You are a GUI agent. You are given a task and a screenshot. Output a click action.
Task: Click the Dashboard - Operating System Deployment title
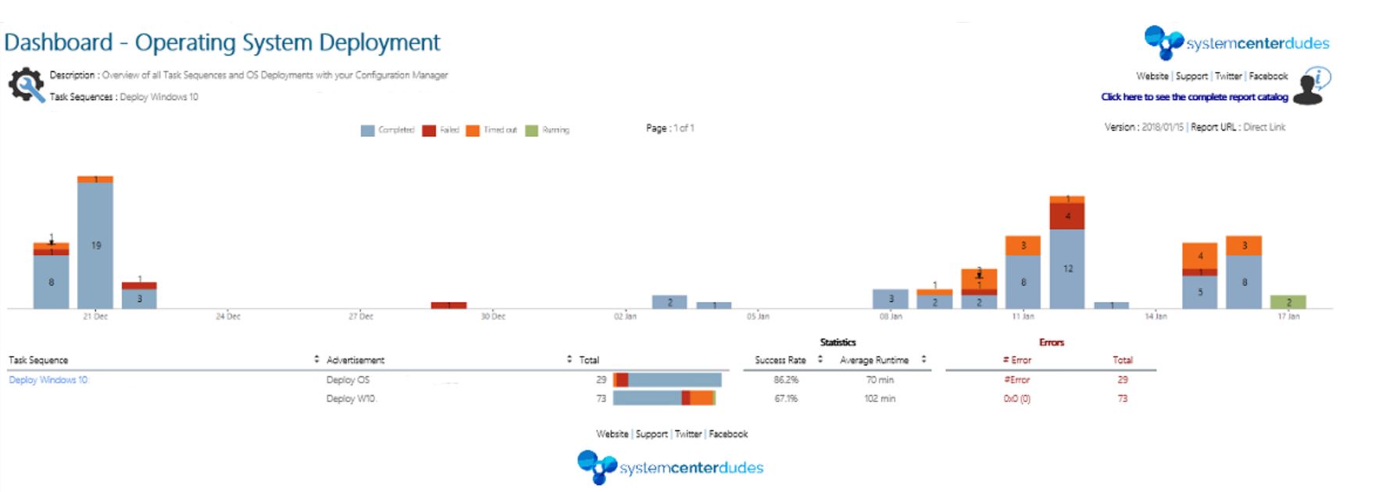222,42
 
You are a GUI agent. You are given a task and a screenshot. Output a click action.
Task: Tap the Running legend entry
548,130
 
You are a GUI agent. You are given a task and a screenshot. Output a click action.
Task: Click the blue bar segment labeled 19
95,245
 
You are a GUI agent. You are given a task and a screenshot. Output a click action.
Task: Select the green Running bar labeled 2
1288,302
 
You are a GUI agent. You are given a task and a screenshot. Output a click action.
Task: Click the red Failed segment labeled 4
1067,216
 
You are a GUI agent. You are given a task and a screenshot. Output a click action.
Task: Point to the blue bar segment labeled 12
1067,268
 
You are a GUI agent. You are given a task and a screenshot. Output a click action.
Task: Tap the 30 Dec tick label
493,317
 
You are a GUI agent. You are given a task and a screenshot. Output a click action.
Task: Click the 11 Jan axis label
1023,317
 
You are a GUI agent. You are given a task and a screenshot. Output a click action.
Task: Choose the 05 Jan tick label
758,317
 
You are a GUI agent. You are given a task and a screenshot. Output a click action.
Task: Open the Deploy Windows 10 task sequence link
49,380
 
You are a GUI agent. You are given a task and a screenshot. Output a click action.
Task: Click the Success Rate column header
780,360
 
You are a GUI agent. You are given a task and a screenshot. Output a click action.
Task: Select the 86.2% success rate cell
786,380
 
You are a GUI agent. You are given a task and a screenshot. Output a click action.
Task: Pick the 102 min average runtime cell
880,399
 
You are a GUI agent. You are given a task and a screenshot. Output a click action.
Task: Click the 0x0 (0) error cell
1017,399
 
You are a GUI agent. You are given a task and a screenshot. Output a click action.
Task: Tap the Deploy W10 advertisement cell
351,399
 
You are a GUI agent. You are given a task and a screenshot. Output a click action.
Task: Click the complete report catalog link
1195,97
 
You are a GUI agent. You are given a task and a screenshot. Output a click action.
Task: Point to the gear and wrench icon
26,85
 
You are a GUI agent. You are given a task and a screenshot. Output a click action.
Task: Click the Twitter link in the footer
688,434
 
